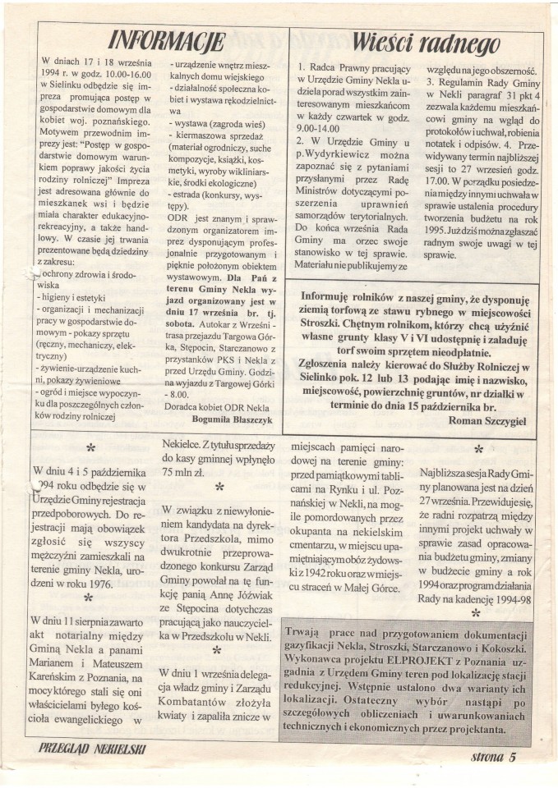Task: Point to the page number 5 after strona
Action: pyautogui.click(x=511, y=757)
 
